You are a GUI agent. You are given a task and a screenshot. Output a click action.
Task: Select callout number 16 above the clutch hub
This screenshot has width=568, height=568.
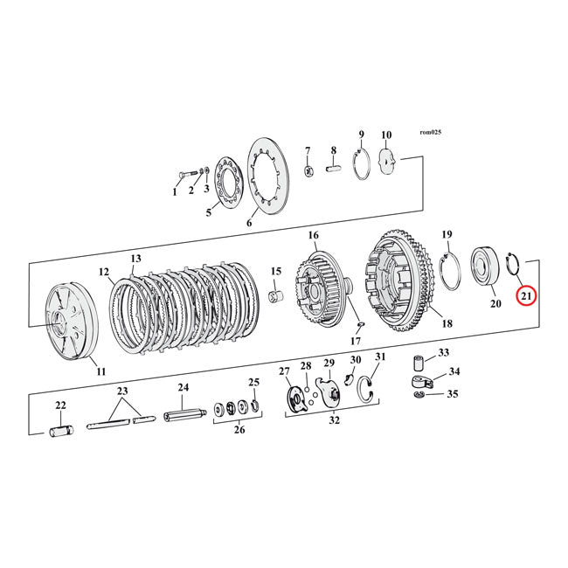[313, 235]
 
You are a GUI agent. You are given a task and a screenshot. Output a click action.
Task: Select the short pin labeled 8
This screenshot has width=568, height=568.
[334, 169]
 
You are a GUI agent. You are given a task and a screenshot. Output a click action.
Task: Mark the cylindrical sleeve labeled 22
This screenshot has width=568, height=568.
[61, 430]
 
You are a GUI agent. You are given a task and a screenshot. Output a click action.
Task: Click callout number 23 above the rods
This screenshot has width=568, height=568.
[122, 391]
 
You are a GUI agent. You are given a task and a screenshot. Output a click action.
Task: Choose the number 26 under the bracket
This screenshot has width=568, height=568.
[238, 429]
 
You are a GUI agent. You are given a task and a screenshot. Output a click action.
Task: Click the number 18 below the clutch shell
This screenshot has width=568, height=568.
[447, 323]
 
